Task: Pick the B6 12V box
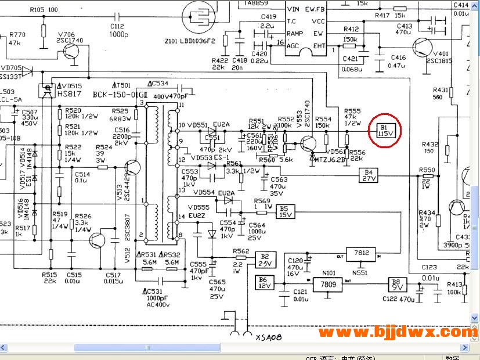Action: pos(264,283)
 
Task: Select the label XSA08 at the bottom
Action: pos(268,337)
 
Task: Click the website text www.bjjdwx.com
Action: pos(396,332)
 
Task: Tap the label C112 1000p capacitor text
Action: pos(118,30)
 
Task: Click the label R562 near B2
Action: pos(241,251)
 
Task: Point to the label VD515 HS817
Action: pos(68,90)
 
